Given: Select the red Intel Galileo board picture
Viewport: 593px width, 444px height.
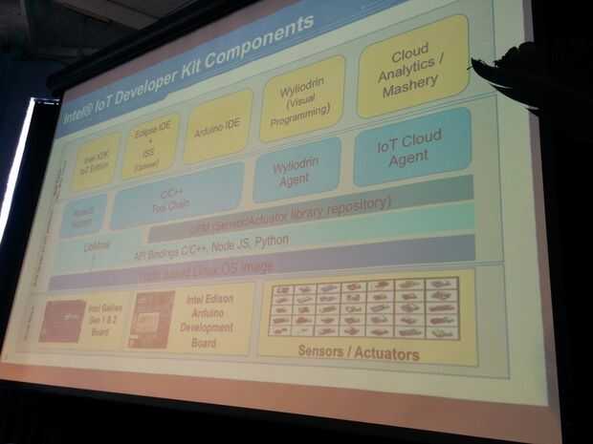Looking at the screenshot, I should pos(62,321).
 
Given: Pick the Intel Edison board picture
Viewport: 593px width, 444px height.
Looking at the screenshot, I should pos(151,319).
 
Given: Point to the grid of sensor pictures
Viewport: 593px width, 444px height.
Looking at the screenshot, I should pos(363,307).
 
